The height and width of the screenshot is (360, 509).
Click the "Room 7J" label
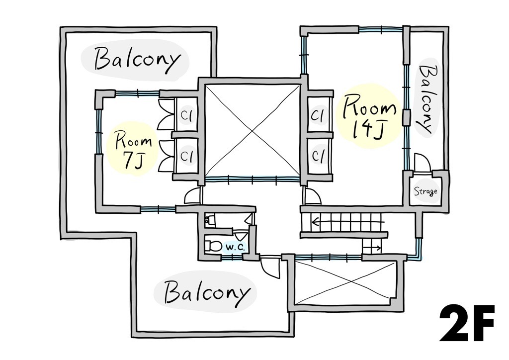click(x=133, y=151)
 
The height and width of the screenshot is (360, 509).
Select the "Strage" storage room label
click(x=425, y=191)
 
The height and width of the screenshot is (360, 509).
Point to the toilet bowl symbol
click(x=213, y=246)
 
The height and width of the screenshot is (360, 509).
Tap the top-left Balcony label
click(x=137, y=60)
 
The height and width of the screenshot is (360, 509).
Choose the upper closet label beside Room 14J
click(x=317, y=115)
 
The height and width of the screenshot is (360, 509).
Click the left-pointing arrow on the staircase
click(x=348, y=223)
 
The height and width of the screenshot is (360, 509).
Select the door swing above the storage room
click(x=423, y=162)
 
